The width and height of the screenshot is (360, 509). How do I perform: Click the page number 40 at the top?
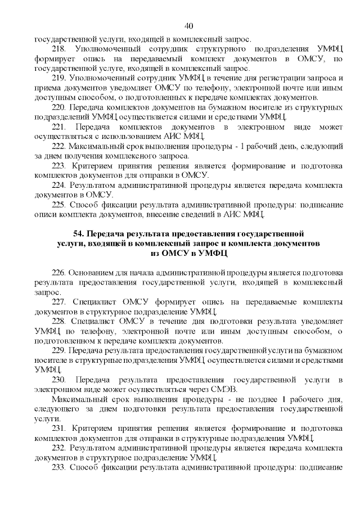click(x=188, y=25)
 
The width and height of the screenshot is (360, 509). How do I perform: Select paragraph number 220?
click(x=58, y=107)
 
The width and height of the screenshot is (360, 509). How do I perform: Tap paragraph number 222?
click(x=58, y=146)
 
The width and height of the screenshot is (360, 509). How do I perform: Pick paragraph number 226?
click(x=58, y=273)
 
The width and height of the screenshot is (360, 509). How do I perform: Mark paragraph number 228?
click(x=58, y=321)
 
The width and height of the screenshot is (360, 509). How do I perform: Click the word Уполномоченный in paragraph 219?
click(x=102, y=78)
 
